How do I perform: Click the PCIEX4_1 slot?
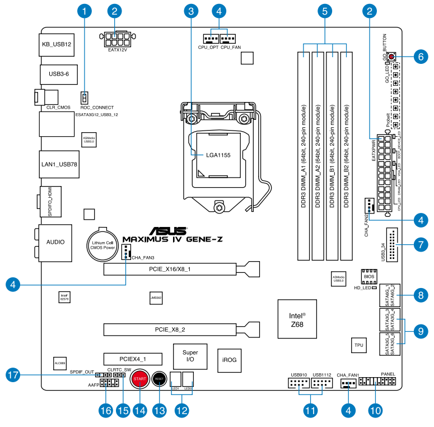[x=132, y=358]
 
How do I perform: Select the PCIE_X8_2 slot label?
[x=178, y=329]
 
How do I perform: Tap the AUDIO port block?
[x=55, y=242]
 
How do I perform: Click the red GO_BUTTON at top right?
[x=390, y=56]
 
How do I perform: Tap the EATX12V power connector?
[x=118, y=40]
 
